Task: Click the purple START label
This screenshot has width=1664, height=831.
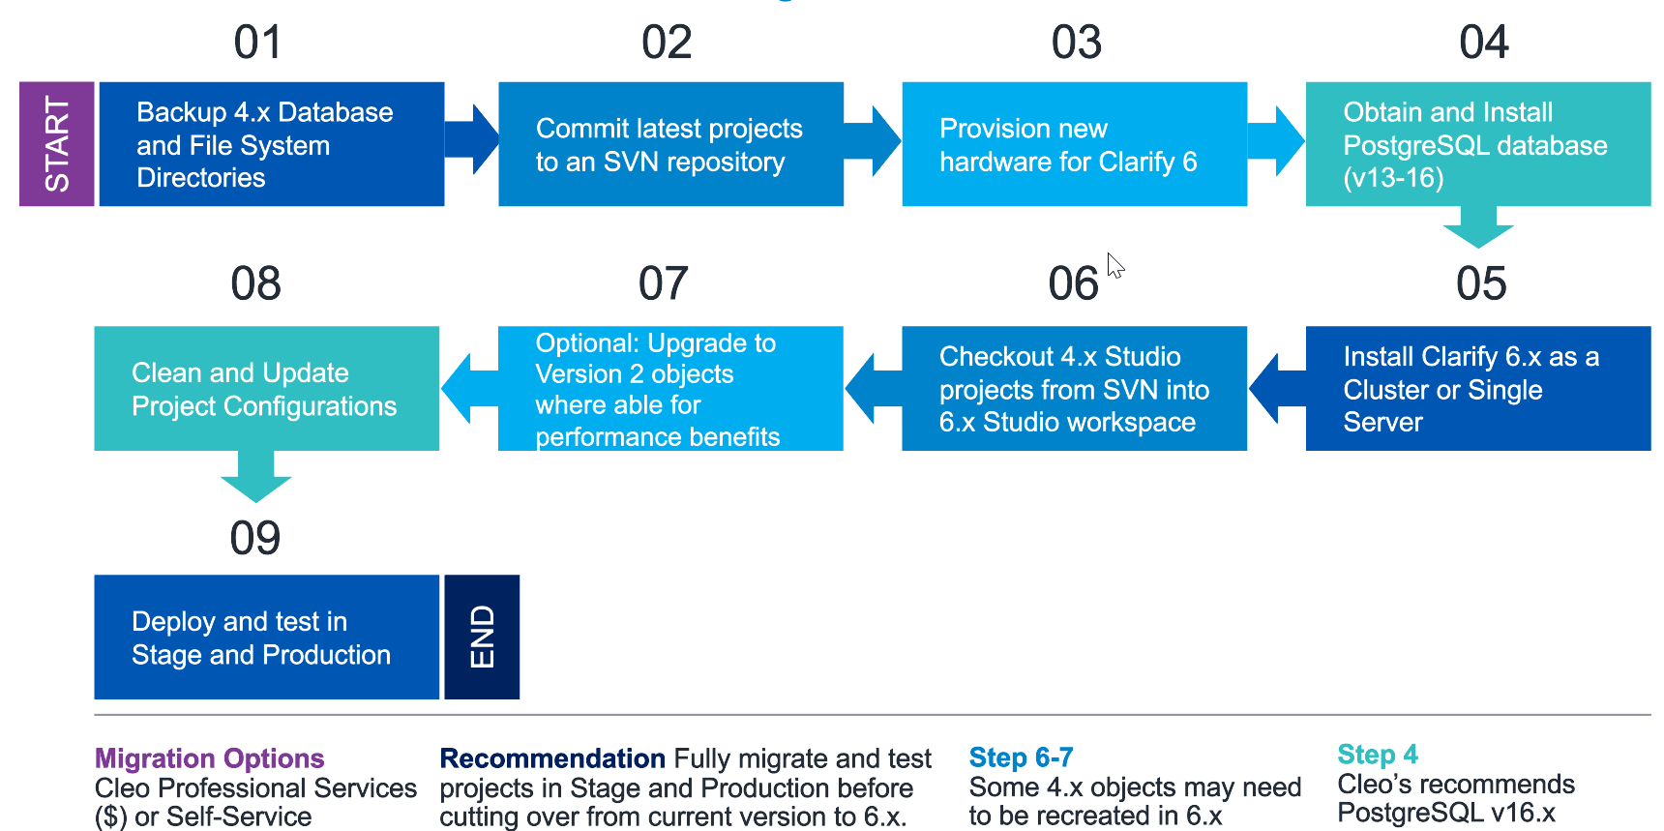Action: click(x=57, y=144)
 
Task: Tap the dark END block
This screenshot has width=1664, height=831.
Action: click(x=482, y=637)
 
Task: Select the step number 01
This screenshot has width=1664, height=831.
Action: click(x=257, y=44)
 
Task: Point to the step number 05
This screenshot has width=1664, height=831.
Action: click(x=1481, y=284)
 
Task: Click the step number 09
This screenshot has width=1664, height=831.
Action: click(x=255, y=538)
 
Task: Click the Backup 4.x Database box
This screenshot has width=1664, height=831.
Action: click(x=271, y=144)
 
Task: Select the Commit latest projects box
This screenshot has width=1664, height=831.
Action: click(x=670, y=144)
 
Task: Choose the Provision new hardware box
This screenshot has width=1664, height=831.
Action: click(x=1074, y=144)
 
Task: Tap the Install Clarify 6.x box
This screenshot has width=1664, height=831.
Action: click(x=1477, y=389)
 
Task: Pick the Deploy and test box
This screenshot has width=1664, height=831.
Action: click(x=266, y=638)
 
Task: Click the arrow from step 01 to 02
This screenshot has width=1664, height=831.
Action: click(x=472, y=140)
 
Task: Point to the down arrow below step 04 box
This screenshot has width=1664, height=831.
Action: click(x=1477, y=227)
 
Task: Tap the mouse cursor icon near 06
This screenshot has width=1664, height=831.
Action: click(x=1115, y=266)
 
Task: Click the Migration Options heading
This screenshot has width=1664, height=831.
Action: click(x=209, y=758)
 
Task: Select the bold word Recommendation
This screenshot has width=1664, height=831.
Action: click(x=551, y=758)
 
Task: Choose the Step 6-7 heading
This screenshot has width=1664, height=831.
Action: click(x=1021, y=757)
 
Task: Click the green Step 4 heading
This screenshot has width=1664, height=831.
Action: click(x=1377, y=755)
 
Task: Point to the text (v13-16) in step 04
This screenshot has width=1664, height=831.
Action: click(x=1393, y=179)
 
